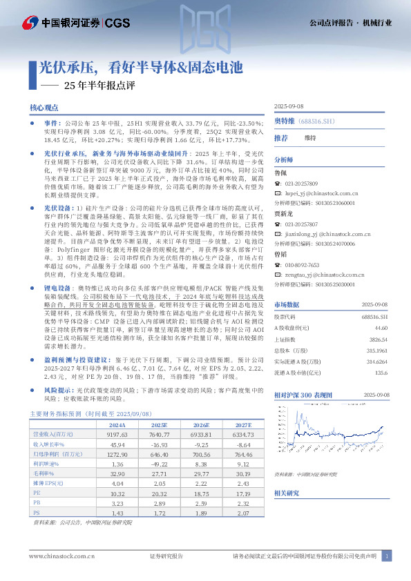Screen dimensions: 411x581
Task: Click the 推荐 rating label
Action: pos(280,138)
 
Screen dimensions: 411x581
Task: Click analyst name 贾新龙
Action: pos(283,215)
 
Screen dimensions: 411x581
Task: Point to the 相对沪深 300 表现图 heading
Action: pos(304,393)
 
